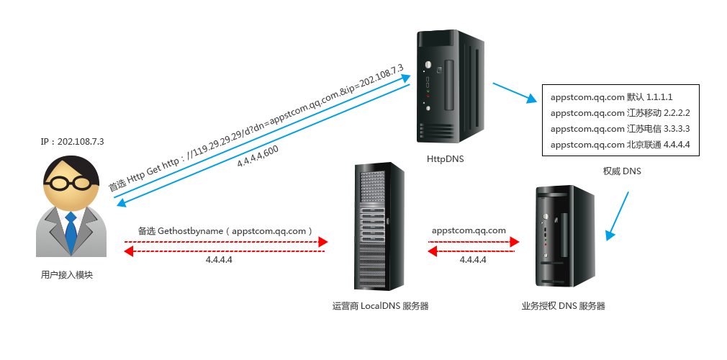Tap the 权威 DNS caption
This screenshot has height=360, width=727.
(622, 171)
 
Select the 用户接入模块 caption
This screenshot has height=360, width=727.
(67, 275)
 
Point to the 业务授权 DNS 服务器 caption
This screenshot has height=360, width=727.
(564, 306)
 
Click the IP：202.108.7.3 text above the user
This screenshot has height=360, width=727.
(72, 141)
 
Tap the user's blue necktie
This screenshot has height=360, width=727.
(71, 230)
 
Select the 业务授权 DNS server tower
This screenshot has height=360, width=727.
(564, 236)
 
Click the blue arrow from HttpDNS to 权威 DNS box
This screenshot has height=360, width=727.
(516, 94)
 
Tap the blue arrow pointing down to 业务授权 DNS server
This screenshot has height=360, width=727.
(618, 215)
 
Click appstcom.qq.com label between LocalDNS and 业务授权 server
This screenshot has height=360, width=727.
(469, 230)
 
